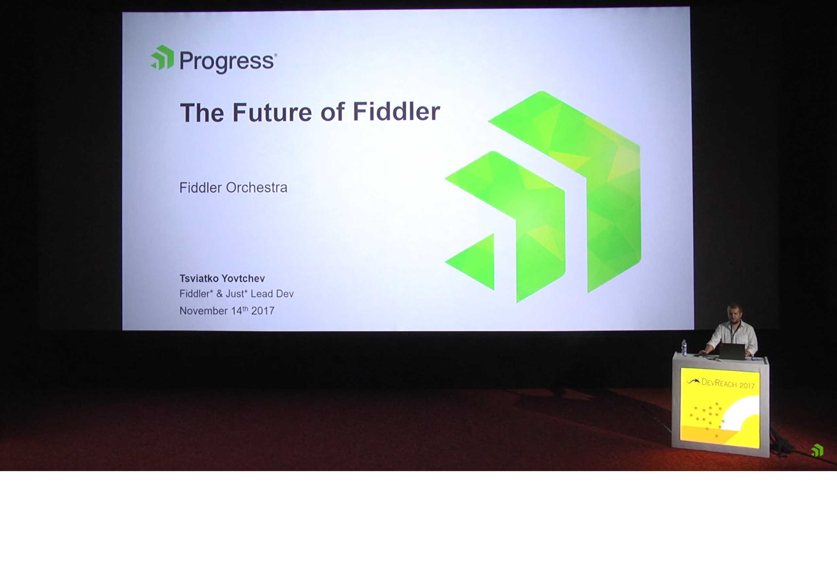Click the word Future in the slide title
[x=272, y=113]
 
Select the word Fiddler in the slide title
[x=396, y=111]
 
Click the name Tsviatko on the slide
[x=198, y=278]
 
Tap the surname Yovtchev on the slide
[x=243, y=278]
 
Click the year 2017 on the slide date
[x=263, y=311]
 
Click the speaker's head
[x=734, y=313]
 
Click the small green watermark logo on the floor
[x=817, y=451]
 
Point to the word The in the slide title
[x=202, y=113]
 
